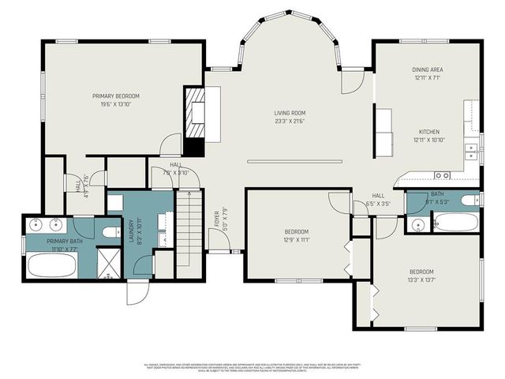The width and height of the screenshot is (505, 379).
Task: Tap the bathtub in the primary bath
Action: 51,265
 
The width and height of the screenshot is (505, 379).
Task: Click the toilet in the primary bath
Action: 111,232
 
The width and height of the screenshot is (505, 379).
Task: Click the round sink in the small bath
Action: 418,225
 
